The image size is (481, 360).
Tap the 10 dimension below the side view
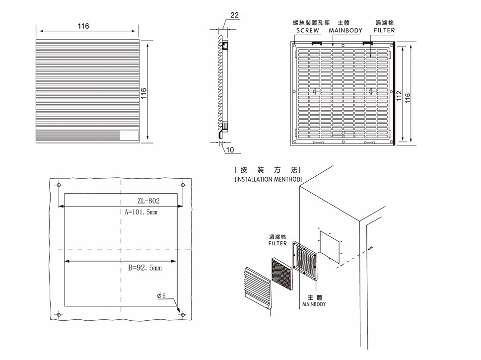230,149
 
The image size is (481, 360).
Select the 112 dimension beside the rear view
398,94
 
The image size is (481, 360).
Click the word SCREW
307,30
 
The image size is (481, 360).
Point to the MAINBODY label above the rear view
345,30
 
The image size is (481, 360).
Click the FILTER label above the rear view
384,30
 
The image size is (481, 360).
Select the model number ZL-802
148,201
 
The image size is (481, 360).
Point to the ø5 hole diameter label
164,296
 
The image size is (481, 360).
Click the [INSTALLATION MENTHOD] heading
268,179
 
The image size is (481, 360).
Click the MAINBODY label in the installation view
314,304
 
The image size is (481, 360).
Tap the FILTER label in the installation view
277,243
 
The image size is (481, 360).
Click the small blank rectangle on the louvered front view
130,136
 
